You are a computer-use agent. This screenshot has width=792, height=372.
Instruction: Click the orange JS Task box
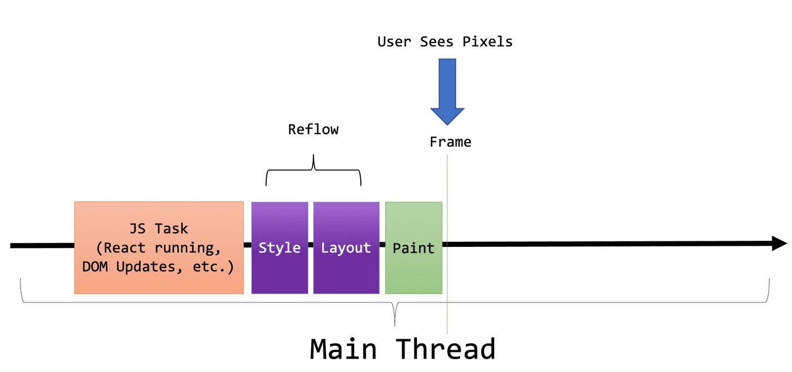coord(158,247)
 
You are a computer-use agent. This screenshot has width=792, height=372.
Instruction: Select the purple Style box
coord(280,247)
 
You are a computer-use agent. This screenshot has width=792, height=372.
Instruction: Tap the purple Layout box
coord(346,247)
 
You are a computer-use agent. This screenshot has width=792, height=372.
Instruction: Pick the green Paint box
coord(414,247)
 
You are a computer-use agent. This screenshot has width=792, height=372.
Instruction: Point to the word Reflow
coord(313,130)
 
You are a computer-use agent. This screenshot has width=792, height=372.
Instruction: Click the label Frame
coord(450,142)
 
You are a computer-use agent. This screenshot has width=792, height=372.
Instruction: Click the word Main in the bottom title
coord(343,349)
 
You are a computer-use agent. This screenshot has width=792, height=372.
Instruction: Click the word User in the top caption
coord(395,42)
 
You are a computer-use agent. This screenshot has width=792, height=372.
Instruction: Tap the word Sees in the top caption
coord(437,42)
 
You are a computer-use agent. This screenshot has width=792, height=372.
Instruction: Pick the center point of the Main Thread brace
coord(395,314)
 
